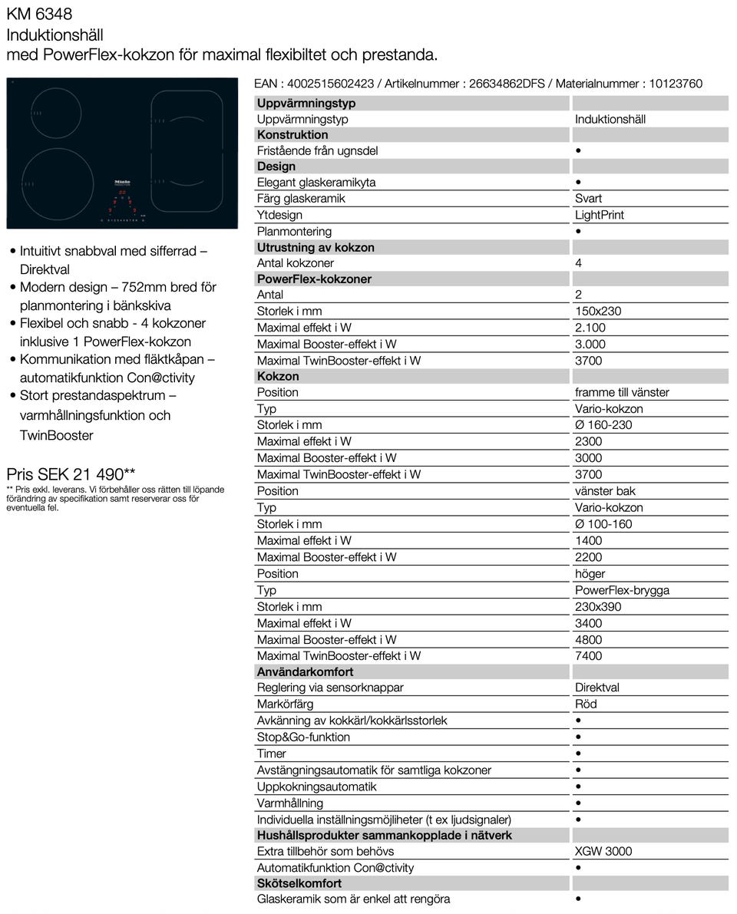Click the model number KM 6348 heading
coord(39,13)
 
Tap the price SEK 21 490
coord(71,474)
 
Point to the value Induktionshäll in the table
coord(610,119)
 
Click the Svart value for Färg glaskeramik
coord(588,198)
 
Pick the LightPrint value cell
coord(599,215)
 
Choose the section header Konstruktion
coord(292,134)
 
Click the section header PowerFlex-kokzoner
coord(314,279)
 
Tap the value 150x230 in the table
coord(598,311)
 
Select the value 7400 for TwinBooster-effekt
coord(588,655)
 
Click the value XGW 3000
coord(603,851)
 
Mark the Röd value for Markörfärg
coord(586,704)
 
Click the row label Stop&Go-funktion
coord(303,737)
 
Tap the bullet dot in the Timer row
coord(578,754)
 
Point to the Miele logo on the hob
coord(123,182)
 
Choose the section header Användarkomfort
coord(305,671)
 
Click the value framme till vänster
coord(622,392)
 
